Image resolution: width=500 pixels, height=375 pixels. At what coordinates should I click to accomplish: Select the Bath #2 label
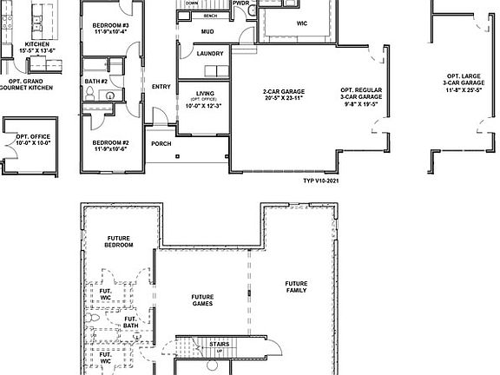pos(96,82)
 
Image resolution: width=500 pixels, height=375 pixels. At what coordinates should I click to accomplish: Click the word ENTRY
pos(161,86)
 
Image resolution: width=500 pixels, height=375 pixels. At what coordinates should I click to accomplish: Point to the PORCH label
pos(161,143)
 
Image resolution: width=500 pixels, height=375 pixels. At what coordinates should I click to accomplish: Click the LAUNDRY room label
pos(210,54)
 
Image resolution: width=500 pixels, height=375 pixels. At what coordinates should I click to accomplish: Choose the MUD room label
pos(207,31)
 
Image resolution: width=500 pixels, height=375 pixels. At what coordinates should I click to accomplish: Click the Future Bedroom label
pos(119,241)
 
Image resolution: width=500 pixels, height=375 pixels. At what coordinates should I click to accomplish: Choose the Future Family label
pos(297,287)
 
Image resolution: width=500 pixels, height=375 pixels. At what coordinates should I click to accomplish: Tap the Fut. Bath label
pos(131,322)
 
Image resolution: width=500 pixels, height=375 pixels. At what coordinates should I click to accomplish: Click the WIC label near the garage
pos(301,23)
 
